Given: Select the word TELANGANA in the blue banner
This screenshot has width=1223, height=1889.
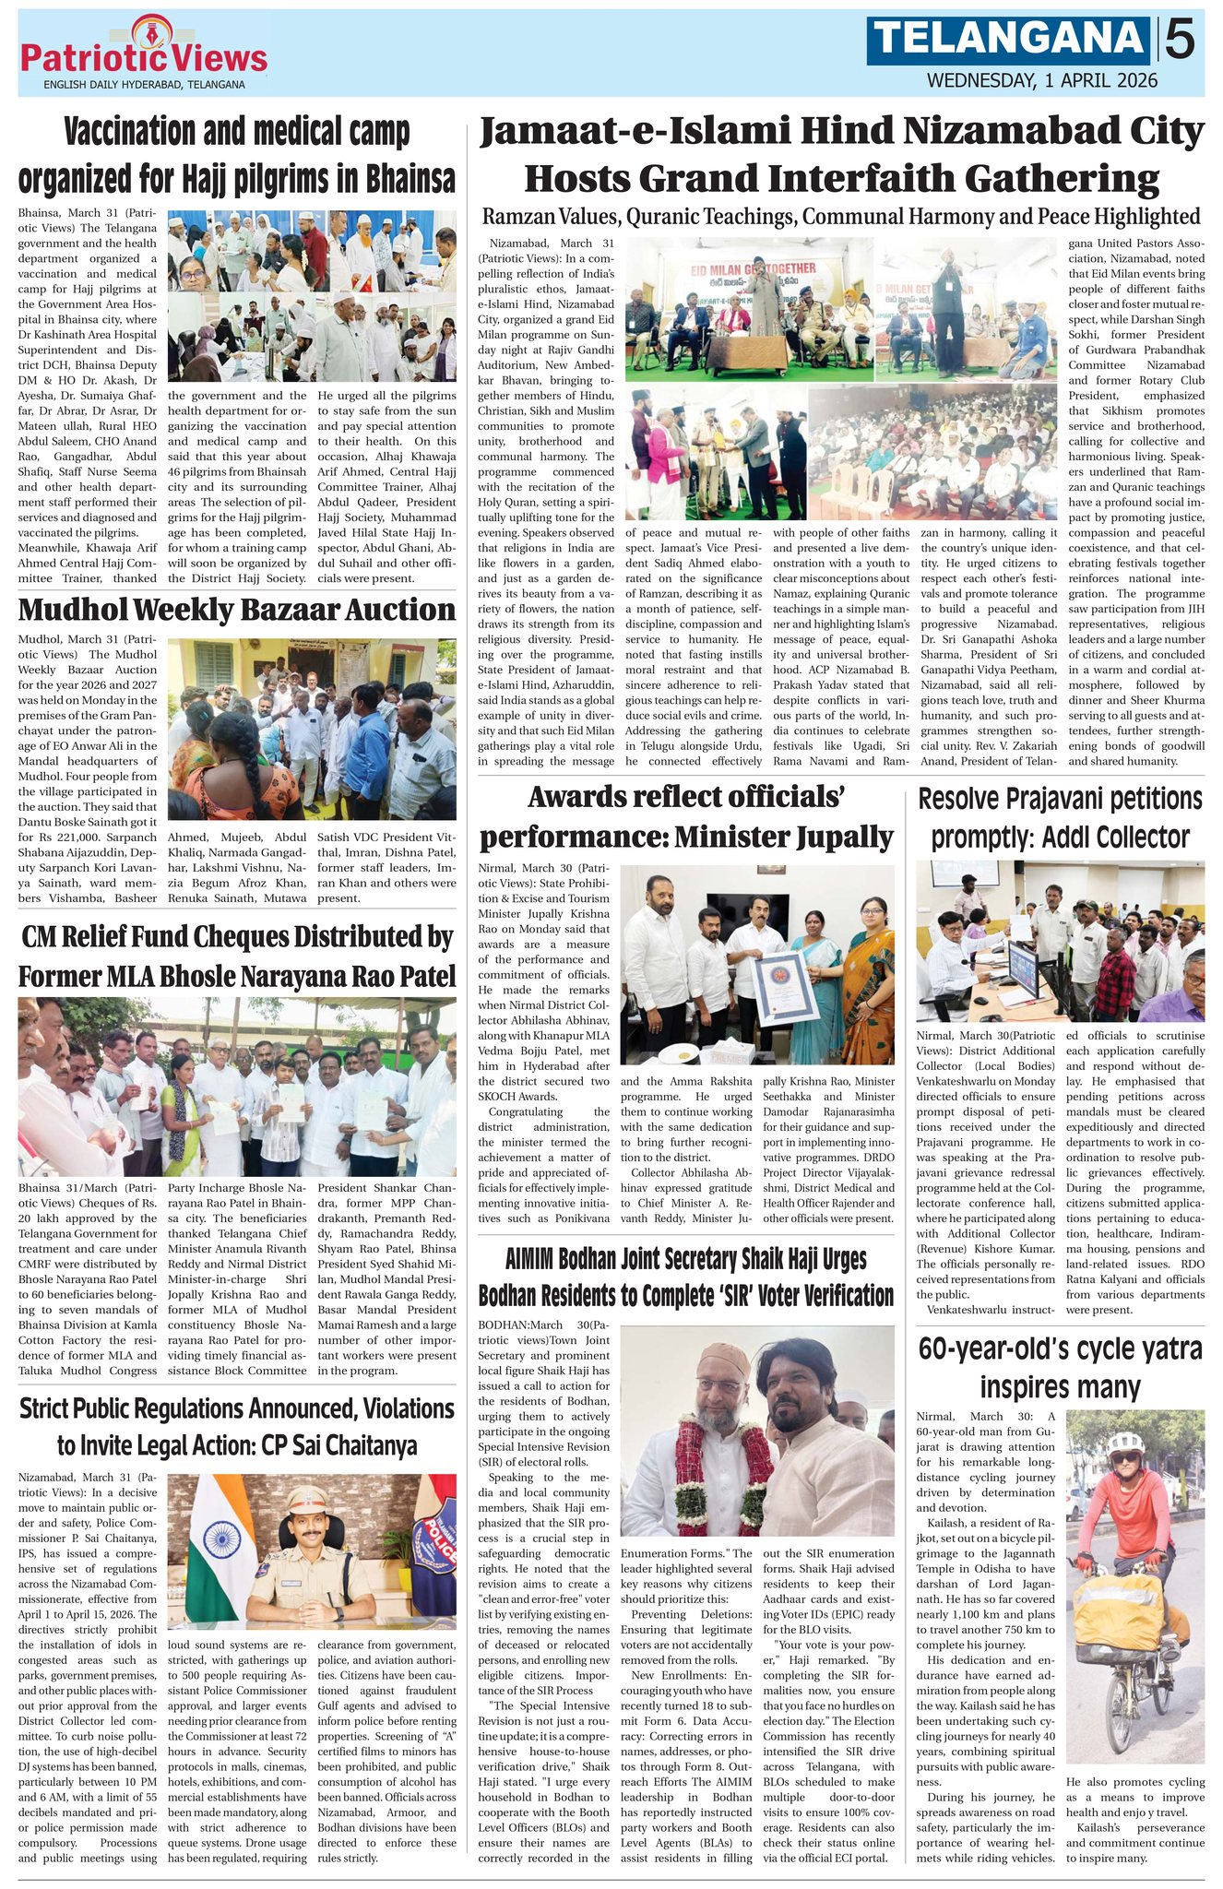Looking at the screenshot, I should point(1009,40).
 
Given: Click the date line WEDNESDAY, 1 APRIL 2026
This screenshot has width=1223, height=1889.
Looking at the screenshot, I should point(1041,80).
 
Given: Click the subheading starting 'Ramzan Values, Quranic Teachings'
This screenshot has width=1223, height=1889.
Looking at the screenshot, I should point(841,216).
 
